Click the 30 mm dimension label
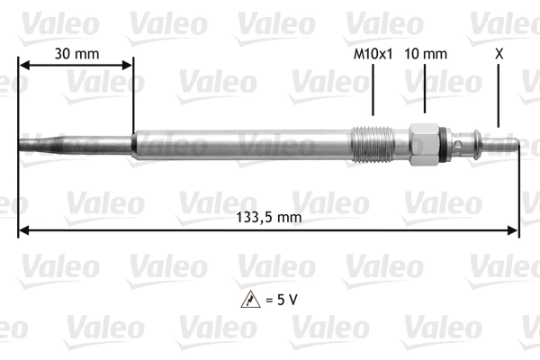tap(76, 53)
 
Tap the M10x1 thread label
tap(373, 54)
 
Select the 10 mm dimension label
tap(426, 54)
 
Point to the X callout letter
tap(499, 54)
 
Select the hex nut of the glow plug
tap(424, 144)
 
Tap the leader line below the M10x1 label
tap(373, 90)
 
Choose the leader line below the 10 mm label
tap(426, 90)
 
